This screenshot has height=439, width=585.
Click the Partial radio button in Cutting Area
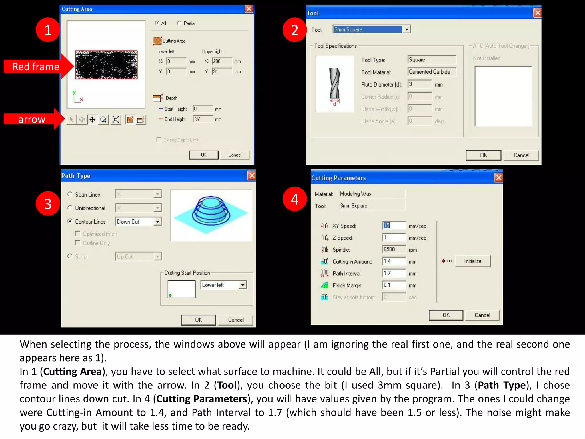[x=179, y=23]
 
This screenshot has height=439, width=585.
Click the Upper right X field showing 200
[x=222, y=61]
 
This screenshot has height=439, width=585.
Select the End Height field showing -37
[x=202, y=119]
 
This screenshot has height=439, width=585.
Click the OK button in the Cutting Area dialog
[x=204, y=155]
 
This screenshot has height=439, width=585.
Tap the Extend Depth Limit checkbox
[x=159, y=140]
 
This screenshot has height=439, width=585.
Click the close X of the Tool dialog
[x=537, y=13]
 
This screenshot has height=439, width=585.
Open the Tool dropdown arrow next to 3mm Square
[x=406, y=29]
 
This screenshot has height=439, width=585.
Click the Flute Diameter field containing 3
[x=419, y=84]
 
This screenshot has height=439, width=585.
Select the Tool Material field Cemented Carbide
[x=431, y=72]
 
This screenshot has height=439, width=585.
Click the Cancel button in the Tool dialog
[x=521, y=155]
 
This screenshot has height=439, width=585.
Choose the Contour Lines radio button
[x=70, y=222]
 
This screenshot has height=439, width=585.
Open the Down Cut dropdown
[x=157, y=222]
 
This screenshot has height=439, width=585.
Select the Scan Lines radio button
[x=70, y=194]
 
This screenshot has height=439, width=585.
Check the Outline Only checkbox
[x=77, y=243]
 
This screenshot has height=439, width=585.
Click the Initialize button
[x=472, y=261]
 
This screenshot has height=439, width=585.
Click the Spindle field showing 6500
[x=393, y=249]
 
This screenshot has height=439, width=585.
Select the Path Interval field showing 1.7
[x=393, y=273]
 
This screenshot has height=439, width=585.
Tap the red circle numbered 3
[x=48, y=204]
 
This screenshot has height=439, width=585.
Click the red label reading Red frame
[x=36, y=67]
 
